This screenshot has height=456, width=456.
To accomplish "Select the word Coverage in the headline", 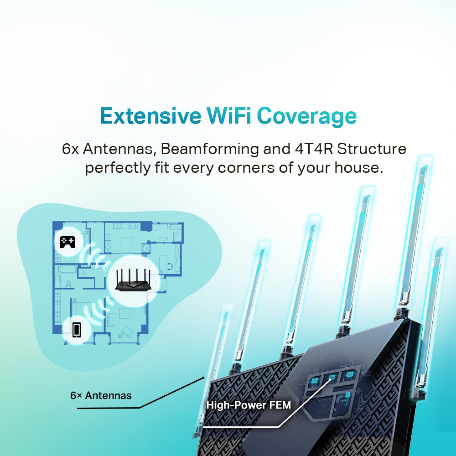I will click(x=306, y=117).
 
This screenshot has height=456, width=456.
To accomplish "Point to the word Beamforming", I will click(x=211, y=149).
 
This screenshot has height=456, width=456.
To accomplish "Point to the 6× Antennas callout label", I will click(x=101, y=395).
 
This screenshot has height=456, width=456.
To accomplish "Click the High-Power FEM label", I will click(x=249, y=404).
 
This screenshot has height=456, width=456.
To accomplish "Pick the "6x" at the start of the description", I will click(x=71, y=149).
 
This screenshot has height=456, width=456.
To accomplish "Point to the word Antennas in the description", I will click(x=119, y=149).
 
